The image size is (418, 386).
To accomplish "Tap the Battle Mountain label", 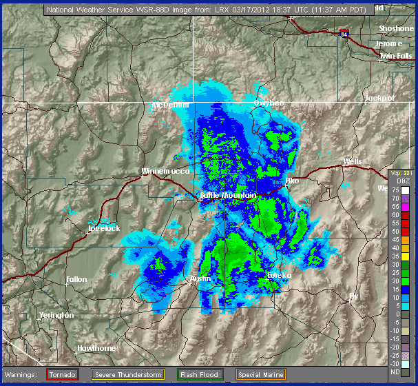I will (228, 196).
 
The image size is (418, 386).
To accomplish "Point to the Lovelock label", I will (105, 228).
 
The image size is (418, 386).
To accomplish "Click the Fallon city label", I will (76, 279).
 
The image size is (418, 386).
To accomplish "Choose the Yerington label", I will (56, 315).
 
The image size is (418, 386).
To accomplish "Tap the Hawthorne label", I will (96, 348).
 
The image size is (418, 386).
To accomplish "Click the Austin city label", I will (200, 278).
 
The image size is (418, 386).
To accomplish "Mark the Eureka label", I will (279, 275).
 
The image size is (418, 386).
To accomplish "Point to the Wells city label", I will (353, 162).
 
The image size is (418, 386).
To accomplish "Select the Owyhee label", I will (269, 103).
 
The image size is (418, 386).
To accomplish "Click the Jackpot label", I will (379, 98).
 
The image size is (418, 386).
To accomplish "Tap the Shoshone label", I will (396, 28).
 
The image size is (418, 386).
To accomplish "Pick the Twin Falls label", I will (396, 56).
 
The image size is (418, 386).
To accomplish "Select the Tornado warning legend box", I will (62, 374).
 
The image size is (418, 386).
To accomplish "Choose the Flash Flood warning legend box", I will (200, 374).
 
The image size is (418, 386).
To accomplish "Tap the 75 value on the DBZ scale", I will (395, 190).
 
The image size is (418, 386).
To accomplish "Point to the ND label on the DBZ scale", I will (395, 372).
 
